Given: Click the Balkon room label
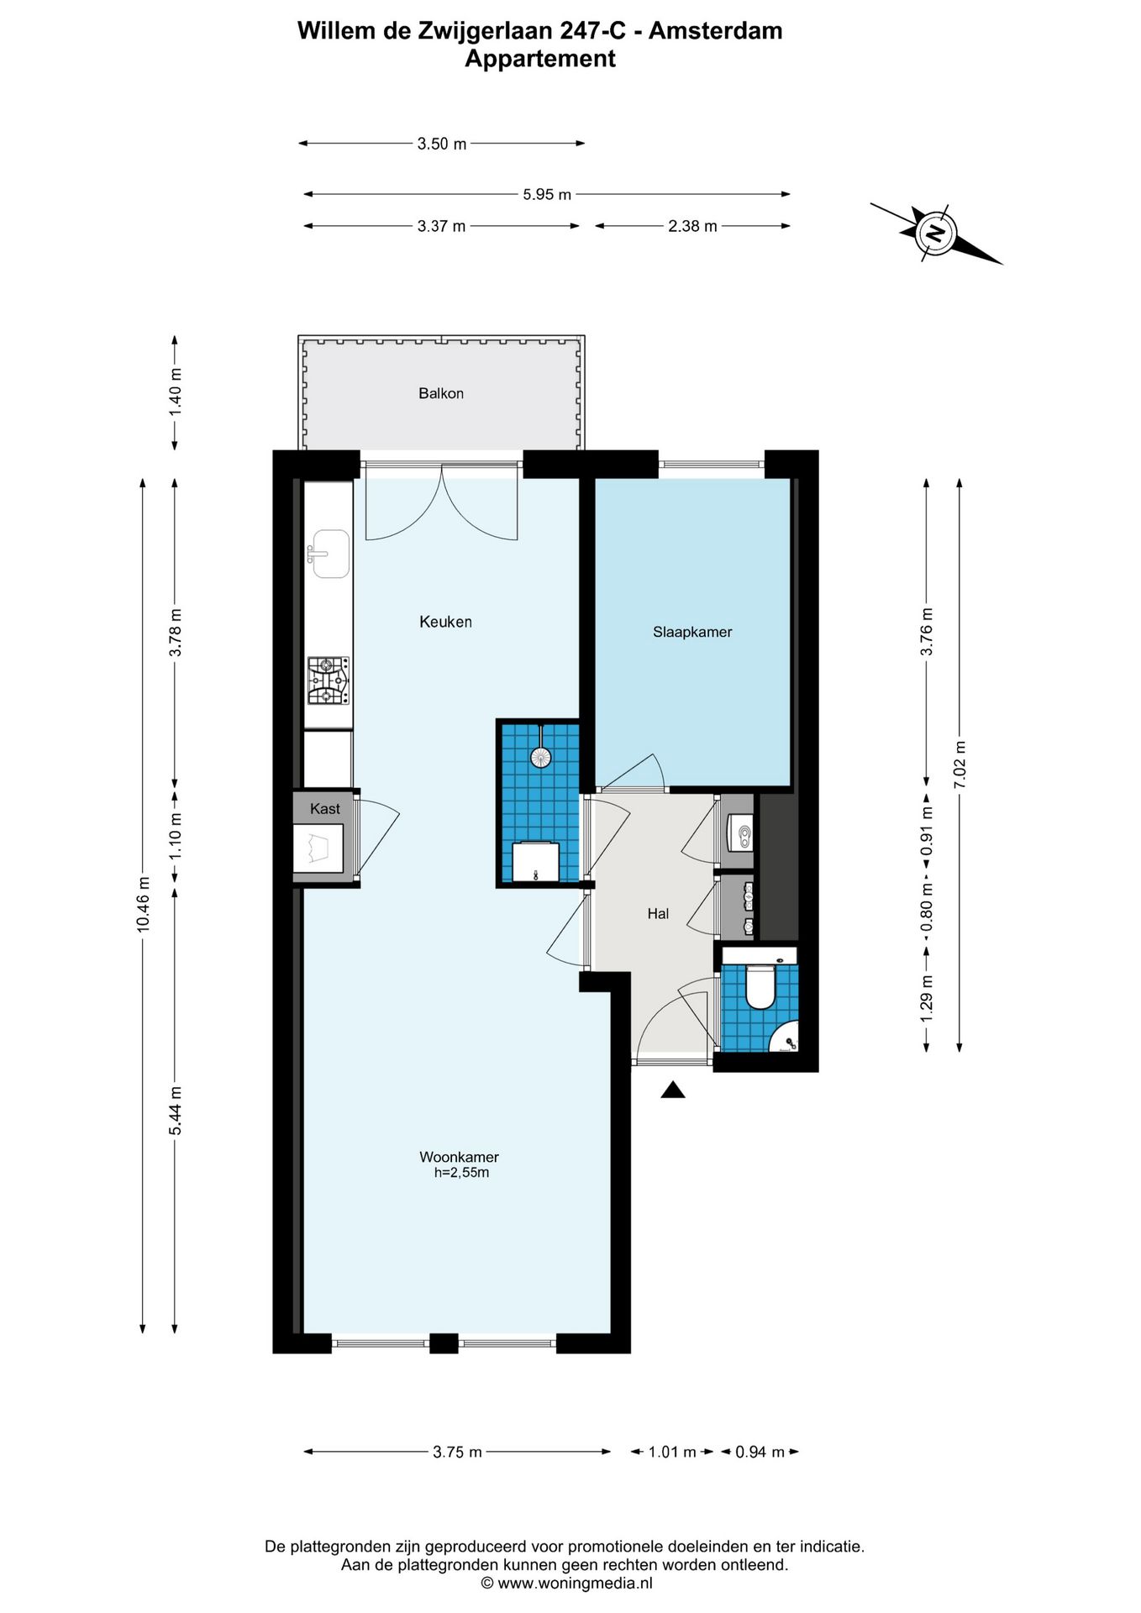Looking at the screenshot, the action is [x=441, y=393].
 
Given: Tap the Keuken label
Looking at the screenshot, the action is [x=445, y=622].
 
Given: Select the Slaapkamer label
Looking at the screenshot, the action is [x=692, y=632].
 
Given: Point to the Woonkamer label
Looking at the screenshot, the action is [x=459, y=1157].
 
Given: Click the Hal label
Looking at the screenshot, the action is [x=658, y=913].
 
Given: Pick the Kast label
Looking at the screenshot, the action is [x=325, y=809].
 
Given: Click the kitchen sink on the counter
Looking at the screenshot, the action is [x=329, y=554].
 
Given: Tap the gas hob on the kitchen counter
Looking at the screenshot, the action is [x=329, y=680].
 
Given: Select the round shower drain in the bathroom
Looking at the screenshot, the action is [x=540, y=757].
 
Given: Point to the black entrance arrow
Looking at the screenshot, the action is [x=673, y=1090].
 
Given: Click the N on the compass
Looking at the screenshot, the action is [x=935, y=233].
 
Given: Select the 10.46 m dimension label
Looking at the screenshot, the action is [x=143, y=904].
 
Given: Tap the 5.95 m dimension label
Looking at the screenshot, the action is [x=547, y=194].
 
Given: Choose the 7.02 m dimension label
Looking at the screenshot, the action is [x=960, y=764].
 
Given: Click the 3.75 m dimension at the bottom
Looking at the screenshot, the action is [x=458, y=1452].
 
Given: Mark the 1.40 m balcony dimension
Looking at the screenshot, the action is [x=175, y=392].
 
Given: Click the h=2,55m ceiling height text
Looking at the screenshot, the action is [x=461, y=1173].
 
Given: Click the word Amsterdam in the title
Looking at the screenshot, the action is [x=716, y=31].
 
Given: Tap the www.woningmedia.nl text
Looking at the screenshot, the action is [x=575, y=1584].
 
